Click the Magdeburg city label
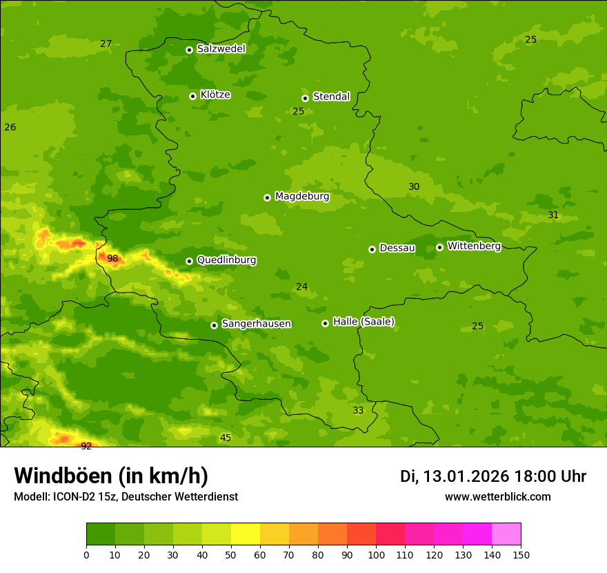(x=302, y=197)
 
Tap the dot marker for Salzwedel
(x=189, y=50)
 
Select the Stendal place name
(x=332, y=97)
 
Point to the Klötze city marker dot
(x=192, y=96)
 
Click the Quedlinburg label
(x=226, y=260)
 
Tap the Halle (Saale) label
(x=364, y=322)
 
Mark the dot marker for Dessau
(x=372, y=249)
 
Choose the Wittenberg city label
(x=474, y=246)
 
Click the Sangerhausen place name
(x=256, y=324)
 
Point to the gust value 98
(x=112, y=259)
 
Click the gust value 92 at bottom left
(x=86, y=446)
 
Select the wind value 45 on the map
(x=226, y=438)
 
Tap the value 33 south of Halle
(x=358, y=410)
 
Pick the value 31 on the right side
(x=553, y=215)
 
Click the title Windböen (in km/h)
(x=111, y=476)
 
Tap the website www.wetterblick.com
(x=497, y=496)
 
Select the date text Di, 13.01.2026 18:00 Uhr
(x=493, y=476)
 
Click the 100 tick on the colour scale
(x=376, y=554)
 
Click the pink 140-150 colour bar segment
(x=506, y=534)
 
